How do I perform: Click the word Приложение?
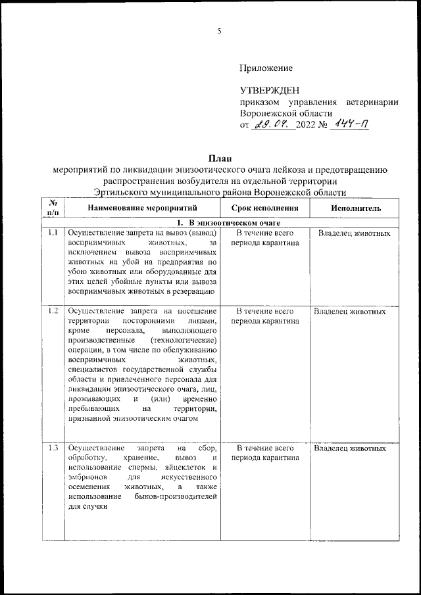pos(266,68)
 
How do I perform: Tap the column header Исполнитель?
pos(355,208)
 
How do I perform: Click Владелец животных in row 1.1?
pos(354,233)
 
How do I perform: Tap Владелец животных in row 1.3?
pos(349,448)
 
